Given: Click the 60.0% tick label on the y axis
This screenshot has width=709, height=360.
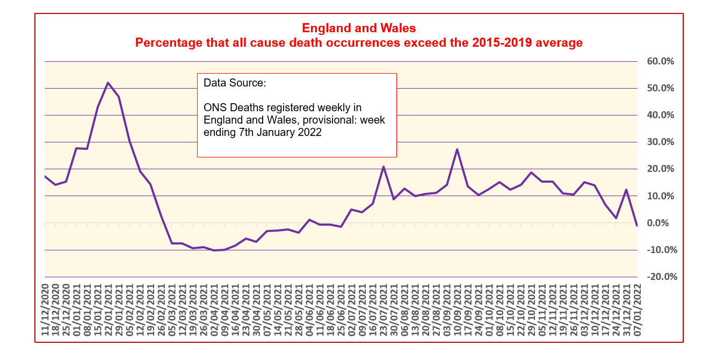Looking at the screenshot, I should pyautogui.click(x=660, y=61).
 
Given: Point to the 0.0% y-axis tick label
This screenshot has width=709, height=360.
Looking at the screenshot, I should pyautogui.click(x=662, y=223).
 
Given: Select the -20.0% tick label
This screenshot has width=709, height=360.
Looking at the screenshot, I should pyautogui.click(x=660, y=277).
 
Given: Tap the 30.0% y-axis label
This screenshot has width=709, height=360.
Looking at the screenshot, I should pyautogui.click(x=660, y=142).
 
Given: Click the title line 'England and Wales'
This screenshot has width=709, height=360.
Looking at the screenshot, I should pyautogui.click(x=359, y=27).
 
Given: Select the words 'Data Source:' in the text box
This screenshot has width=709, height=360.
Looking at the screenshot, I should pyautogui.click(x=235, y=84).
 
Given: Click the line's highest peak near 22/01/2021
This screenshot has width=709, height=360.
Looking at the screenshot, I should pyautogui.click(x=108, y=83).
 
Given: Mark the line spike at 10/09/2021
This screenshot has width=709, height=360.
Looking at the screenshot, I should pyautogui.click(x=457, y=149).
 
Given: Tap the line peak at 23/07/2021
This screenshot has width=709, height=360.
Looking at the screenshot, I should pyautogui.click(x=384, y=167).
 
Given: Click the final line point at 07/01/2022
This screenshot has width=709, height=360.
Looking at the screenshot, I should pyautogui.click(x=636, y=226).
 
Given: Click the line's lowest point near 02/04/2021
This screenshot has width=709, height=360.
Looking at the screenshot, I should pyautogui.click(x=214, y=250).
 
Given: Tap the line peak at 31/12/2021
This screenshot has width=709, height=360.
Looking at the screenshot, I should pyautogui.click(x=626, y=190).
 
